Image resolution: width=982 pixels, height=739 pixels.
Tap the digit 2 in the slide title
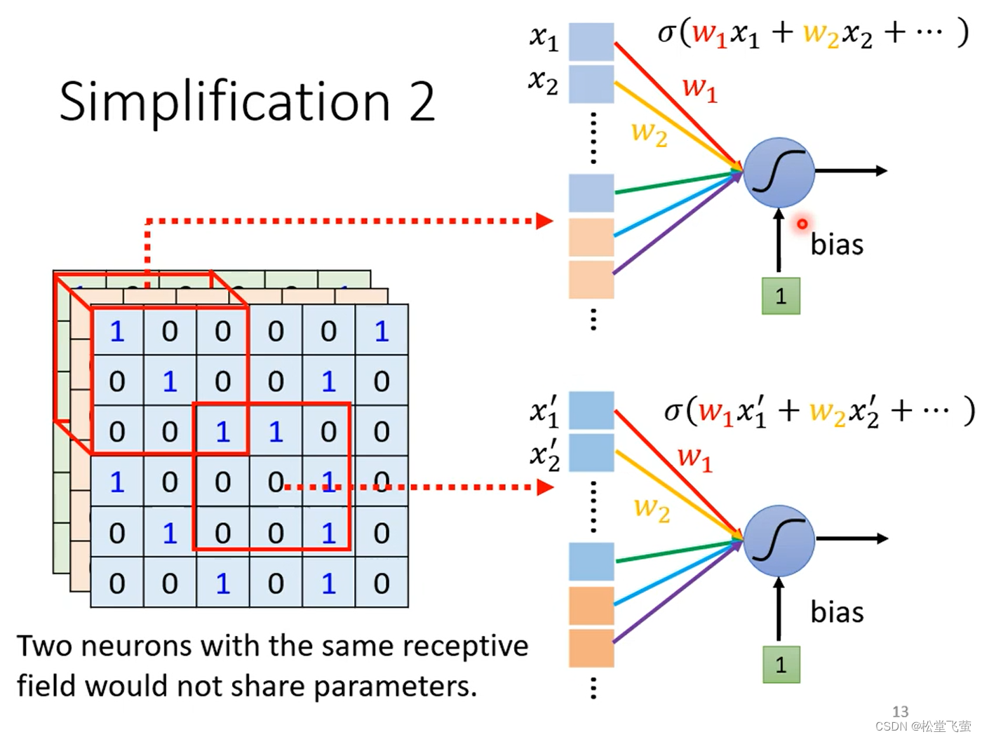(x=422, y=102)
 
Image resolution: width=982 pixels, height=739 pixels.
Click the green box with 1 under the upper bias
(x=781, y=296)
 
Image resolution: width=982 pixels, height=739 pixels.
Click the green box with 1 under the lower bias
(x=781, y=665)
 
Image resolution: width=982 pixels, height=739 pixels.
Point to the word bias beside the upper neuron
(x=837, y=245)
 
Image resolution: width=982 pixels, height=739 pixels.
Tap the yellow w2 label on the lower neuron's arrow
(x=652, y=510)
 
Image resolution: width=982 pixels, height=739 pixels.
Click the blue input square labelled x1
(x=591, y=41)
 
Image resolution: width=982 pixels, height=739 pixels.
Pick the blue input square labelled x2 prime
(x=591, y=453)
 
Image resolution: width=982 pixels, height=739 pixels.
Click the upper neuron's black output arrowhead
(x=881, y=170)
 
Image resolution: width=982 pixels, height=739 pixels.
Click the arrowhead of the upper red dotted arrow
(x=545, y=221)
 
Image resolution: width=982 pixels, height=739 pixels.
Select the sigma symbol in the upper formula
(x=666, y=33)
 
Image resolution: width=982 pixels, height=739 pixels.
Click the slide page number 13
(x=900, y=711)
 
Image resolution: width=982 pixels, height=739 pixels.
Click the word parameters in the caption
(x=395, y=687)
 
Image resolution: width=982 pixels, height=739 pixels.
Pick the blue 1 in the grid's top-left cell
(x=116, y=331)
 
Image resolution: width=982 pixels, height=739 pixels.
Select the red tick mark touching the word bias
(x=802, y=224)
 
